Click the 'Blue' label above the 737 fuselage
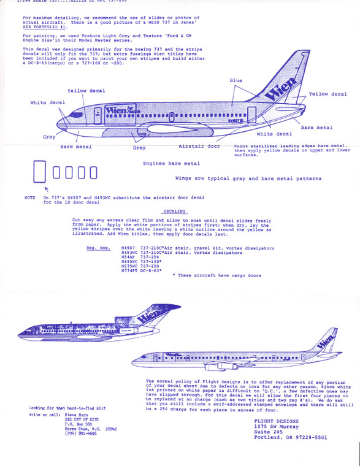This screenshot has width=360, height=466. coord(236,80)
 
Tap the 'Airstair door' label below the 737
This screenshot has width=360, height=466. coord(199,147)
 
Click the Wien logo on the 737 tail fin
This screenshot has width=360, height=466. coord(281,86)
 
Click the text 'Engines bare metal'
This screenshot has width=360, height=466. coord(171,164)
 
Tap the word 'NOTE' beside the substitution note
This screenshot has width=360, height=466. coord(29,197)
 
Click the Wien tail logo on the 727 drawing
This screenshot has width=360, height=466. coord(145,318)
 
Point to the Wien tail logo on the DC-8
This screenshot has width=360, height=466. coord(326,338)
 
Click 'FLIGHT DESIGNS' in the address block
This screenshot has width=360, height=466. coord(273,422)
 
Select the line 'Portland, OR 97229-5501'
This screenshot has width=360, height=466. coord(291,438)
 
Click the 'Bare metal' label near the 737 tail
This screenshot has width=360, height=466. coord(316,128)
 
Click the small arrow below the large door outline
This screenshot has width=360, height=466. coord(45,191)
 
